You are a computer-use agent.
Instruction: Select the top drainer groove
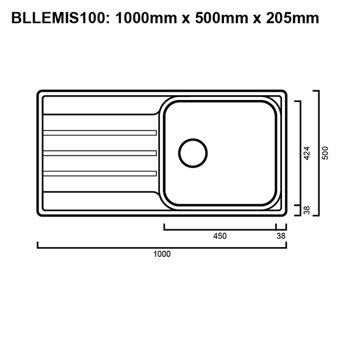pos(101,132)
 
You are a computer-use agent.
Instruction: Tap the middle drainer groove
pos(101,153)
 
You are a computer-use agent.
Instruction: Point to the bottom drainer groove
pos(101,173)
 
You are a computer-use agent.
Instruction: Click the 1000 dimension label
pos(162,254)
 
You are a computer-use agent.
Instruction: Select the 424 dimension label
pos(308,153)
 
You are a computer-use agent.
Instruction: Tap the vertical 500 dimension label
pos(326,153)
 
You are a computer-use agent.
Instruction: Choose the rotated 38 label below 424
pos(308,211)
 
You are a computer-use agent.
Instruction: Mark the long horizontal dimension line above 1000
pos(162,247)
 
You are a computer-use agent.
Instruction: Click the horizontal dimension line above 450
pos(220,228)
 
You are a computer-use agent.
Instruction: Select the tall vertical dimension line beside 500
pos(317,153)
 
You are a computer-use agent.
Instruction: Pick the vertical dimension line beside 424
pos(300,153)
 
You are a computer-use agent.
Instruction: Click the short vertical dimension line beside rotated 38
pos(300,211)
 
